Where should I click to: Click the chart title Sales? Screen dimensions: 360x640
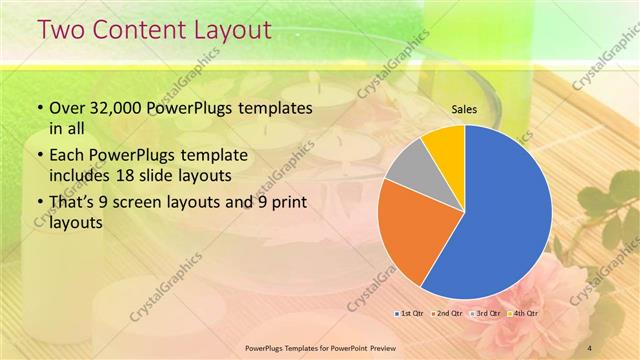click(x=464, y=109)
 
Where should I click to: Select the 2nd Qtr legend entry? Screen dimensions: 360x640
click(x=449, y=313)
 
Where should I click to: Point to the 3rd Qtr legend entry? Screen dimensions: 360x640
click(x=486, y=313)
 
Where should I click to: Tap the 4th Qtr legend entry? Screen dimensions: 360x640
click(x=523, y=313)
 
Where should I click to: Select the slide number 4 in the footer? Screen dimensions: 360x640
click(x=590, y=346)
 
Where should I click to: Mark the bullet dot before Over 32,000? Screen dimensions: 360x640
click(x=39, y=108)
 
